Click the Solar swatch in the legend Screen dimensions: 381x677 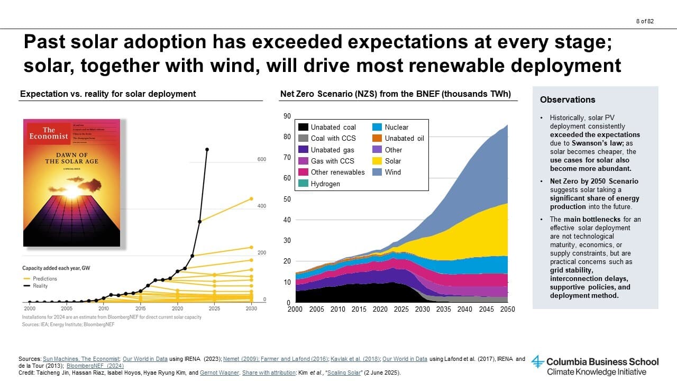click(377, 161)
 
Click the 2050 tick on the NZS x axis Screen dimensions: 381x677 click(508, 309)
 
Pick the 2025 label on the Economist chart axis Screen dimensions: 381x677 click(214, 308)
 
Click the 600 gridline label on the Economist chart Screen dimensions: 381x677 click(262, 159)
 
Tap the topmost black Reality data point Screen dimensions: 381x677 click(207, 149)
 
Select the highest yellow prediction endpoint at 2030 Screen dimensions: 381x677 click(251, 199)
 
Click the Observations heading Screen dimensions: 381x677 click(567, 99)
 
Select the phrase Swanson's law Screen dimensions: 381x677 click(589, 143)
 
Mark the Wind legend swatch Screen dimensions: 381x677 click(377, 172)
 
